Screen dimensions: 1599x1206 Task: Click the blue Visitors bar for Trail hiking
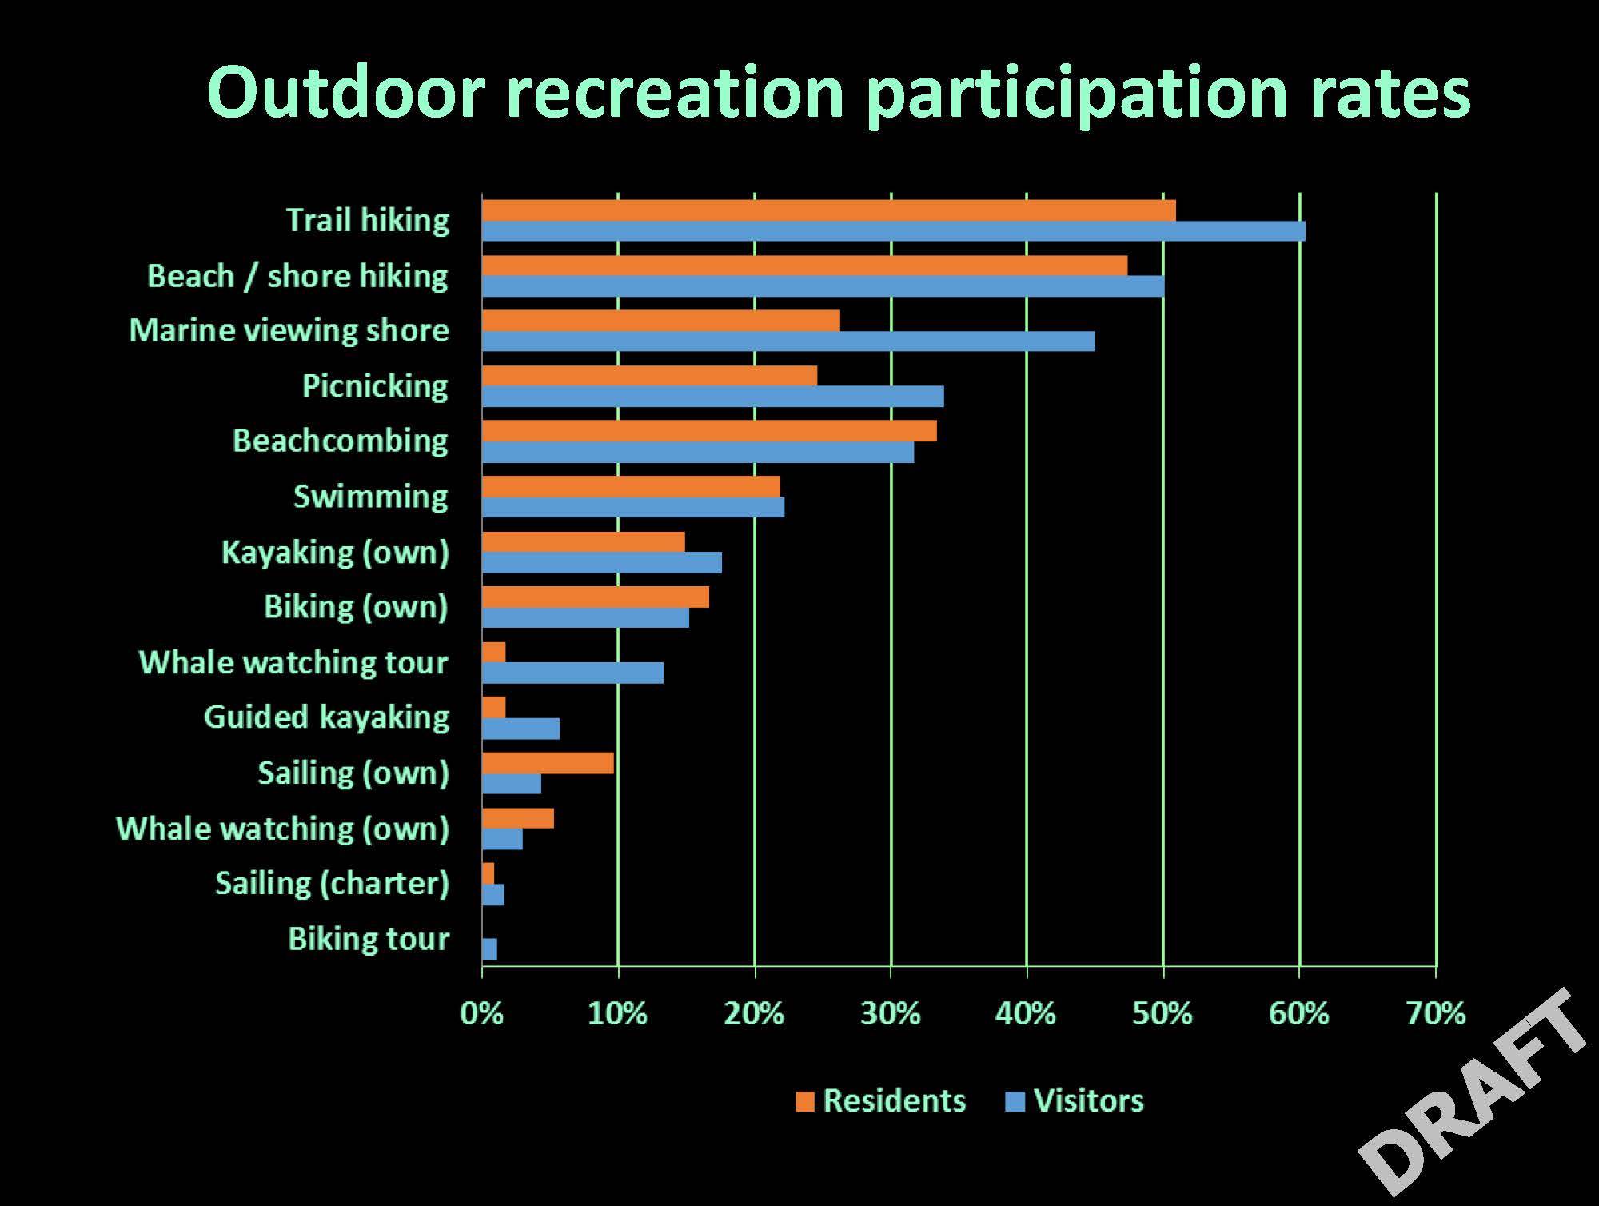click(x=894, y=231)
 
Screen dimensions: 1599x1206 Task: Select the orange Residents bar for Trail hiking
click(x=829, y=210)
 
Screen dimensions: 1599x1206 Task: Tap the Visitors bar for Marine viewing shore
click(x=788, y=341)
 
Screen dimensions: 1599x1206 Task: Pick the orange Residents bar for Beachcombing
click(x=709, y=431)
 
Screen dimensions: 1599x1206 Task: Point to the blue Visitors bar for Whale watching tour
click(x=572, y=673)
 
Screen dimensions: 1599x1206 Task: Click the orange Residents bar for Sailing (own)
click(x=548, y=763)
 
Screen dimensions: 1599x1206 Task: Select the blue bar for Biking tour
click(x=489, y=949)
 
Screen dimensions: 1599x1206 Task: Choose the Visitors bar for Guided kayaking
click(x=520, y=729)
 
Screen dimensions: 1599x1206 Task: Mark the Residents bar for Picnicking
click(x=649, y=376)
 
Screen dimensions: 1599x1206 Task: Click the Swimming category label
click(x=371, y=497)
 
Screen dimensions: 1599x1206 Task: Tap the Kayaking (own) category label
click(x=336, y=553)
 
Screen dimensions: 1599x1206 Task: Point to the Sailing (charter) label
click(x=333, y=884)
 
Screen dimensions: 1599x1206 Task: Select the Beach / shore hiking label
click(x=298, y=276)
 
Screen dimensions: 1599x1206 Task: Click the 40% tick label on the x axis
click(x=1026, y=1014)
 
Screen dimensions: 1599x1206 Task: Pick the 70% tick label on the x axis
click(x=1436, y=1014)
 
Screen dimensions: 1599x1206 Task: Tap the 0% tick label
click(x=482, y=1014)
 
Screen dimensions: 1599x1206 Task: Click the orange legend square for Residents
click(x=805, y=1102)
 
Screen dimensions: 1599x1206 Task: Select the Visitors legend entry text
click(x=1089, y=1101)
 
